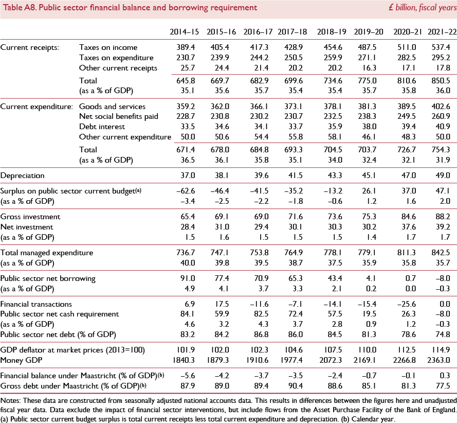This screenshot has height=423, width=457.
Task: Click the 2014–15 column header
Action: (x=182, y=31)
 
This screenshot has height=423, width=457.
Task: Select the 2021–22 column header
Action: (x=442, y=31)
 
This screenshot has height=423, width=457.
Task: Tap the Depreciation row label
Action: (x=22, y=175)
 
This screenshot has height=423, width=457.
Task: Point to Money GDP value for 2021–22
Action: (x=442, y=359)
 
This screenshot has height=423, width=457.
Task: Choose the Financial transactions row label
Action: (x=36, y=305)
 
